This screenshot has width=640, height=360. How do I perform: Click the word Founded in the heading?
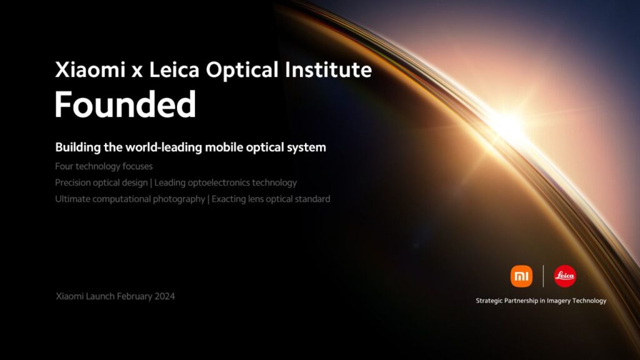pyautogui.click(x=126, y=104)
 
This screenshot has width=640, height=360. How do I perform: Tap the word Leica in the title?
pyautogui.click(x=174, y=69)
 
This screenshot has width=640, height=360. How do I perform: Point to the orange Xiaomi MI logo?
pyautogui.click(x=521, y=276)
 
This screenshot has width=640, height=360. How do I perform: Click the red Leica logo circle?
pyautogui.click(x=565, y=276)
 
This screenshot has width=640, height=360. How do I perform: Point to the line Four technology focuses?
pyautogui.click(x=104, y=166)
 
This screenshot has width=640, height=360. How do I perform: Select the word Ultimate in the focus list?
pyautogui.click(x=72, y=199)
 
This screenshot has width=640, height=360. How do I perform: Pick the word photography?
pyautogui.click(x=178, y=199)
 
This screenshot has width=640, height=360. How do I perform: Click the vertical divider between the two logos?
pyautogui.click(x=543, y=276)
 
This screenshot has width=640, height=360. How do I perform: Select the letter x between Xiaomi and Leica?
pyautogui.click(x=137, y=71)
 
